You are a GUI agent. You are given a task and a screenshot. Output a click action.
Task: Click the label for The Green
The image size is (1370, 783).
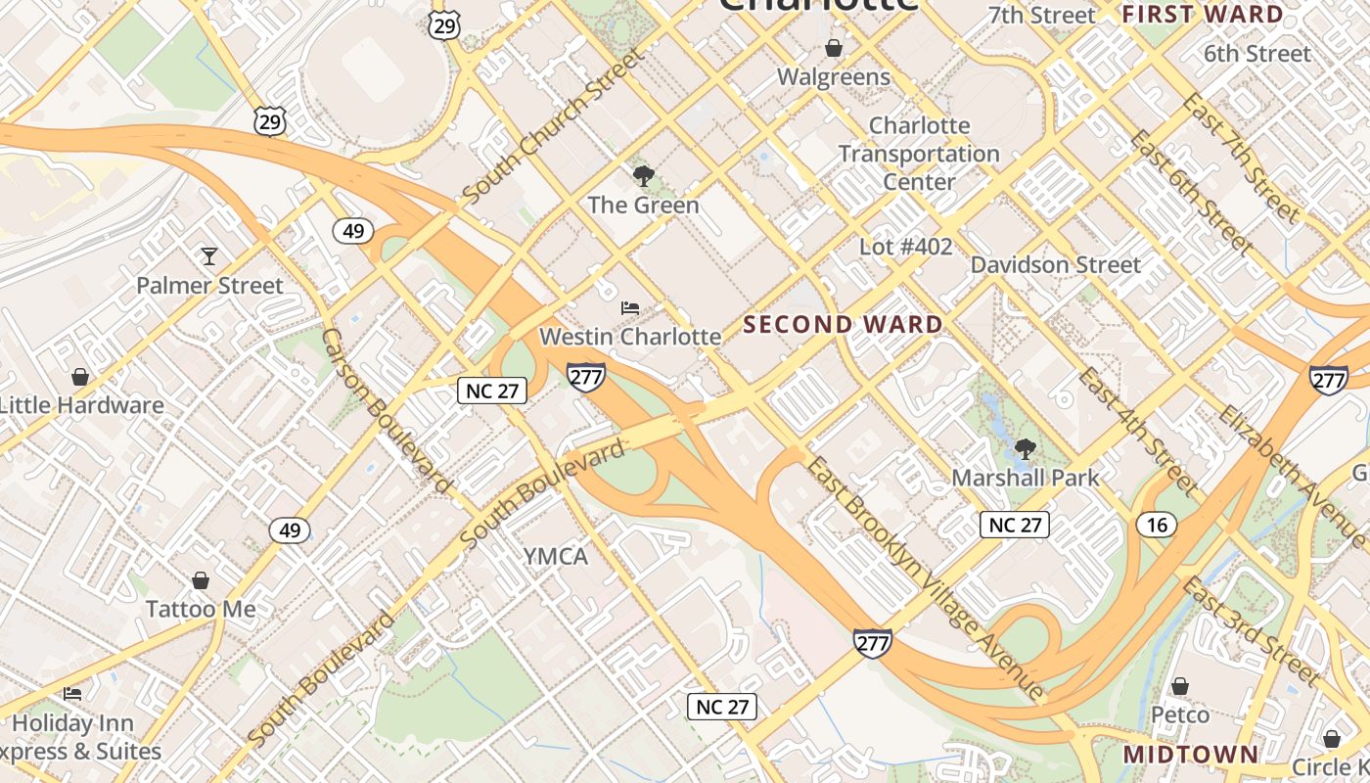coord(643,206)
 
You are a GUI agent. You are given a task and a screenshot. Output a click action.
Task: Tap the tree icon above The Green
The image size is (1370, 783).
coord(643,176)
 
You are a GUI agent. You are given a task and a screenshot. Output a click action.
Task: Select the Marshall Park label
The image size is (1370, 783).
coord(1026,478)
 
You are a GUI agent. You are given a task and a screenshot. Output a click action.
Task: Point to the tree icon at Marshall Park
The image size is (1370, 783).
coord(1026,449)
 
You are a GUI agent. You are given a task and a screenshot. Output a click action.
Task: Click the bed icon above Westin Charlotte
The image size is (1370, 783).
coord(630,308)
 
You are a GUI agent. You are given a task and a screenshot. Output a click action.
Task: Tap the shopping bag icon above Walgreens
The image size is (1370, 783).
coord(834,47)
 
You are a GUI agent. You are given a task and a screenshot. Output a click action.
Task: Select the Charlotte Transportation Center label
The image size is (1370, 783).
coord(919,154)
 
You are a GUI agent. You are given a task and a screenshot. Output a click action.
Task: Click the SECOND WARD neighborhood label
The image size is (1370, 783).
coord(844,325)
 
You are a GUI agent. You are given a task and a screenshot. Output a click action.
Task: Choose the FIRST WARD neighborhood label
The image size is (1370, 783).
coord(1202,15)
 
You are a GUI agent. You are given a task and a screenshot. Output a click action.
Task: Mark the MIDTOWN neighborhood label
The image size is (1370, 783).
coord(1190,755)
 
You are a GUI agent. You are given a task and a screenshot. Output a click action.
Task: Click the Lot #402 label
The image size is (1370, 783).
coord(905,247)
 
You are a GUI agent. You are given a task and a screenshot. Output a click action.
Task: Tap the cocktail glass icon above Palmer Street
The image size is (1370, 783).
coord(208,256)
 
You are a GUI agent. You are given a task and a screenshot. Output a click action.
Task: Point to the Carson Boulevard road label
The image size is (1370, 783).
coord(387,411)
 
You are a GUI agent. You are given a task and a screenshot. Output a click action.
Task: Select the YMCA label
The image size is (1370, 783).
coord(556,557)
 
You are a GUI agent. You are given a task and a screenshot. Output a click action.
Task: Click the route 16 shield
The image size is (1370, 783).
coord(1157,526)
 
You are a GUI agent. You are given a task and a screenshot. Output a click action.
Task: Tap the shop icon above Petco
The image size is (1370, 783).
coord(1180,686)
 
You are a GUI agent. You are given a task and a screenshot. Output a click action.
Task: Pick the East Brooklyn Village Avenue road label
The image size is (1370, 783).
coord(925,578)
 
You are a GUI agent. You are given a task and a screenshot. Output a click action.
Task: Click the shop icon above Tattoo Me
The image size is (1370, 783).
coord(201,580)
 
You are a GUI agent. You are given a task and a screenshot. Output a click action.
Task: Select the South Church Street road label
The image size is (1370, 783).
coord(553,127)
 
